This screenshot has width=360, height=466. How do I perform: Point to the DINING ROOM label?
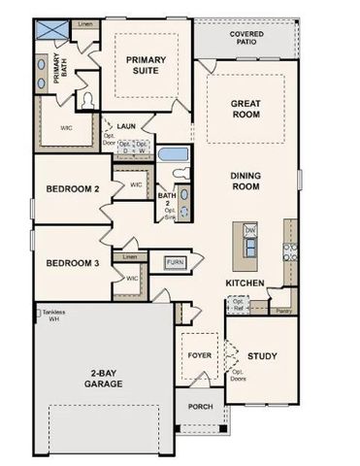click(249, 182)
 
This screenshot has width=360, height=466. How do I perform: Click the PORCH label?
click(200, 407)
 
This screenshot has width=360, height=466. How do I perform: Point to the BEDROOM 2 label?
click(70, 189)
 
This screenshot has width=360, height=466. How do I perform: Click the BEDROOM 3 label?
click(70, 262)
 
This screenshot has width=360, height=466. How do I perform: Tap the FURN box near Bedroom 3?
click(175, 262)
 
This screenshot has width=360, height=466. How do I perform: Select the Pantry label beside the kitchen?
click(283, 311)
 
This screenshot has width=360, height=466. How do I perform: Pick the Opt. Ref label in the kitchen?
click(238, 305)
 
